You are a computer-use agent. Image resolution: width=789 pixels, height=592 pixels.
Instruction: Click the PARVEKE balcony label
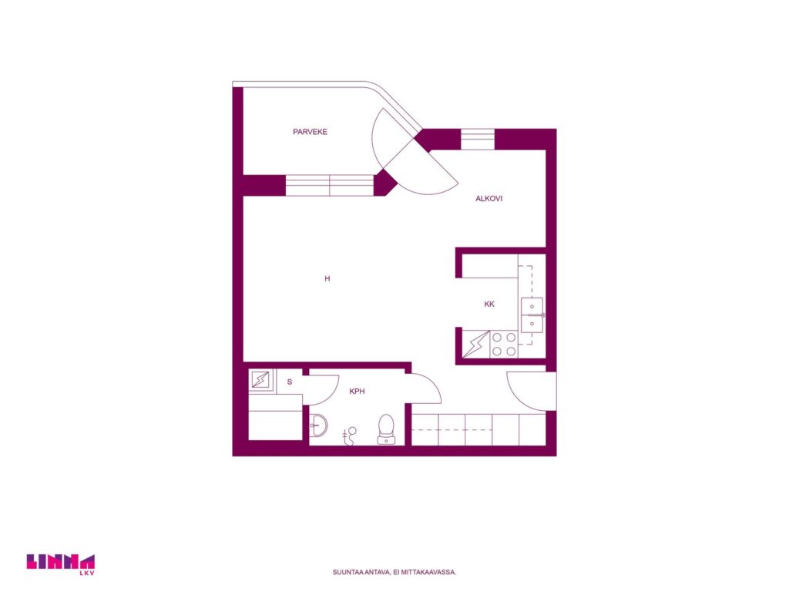pyautogui.click(x=310, y=132)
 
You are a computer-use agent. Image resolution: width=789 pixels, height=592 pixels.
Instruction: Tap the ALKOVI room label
pyautogui.click(x=489, y=199)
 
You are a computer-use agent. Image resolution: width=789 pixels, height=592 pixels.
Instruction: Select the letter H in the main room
pyautogui.click(x=327, y=278)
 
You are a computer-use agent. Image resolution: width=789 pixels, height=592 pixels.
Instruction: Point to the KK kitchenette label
pyautogui.click(x=489, y=304)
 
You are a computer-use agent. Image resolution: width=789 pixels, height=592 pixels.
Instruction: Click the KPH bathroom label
pyautogui.click(x=357, y=391)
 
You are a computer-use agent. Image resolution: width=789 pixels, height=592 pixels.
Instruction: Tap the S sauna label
pyautogui.click(x=290, y=382)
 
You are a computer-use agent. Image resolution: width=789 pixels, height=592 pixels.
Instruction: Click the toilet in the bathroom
pyautogui.click(x=386, y=430)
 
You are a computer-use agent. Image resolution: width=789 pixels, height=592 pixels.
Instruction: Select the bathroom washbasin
pyautogui.click(x=318, y=425)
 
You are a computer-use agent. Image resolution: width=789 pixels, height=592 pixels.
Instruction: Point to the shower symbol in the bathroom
pyautogui.click(x=349, y=436)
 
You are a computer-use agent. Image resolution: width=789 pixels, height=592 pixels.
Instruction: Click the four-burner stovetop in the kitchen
pyautogui.click(x=504, y=345)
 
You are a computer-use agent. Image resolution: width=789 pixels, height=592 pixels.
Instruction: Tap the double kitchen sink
pyautogui.click(x=532, y=315)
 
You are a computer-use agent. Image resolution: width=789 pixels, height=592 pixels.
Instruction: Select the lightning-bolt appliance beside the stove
pyautogui.click(x=475, y=345)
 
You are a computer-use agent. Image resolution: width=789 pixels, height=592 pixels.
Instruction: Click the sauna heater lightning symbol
pyautogui.click(x=260, y=380)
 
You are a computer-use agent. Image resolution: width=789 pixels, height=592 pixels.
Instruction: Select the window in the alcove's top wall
pyautogui.click(x=478, y=140)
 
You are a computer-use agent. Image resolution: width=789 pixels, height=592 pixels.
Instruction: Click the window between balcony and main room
pyautogui.click(x=330, y=185)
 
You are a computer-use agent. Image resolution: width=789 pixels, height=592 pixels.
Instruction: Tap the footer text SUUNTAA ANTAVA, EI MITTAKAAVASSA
pyautogui.click(x=394, y=573)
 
